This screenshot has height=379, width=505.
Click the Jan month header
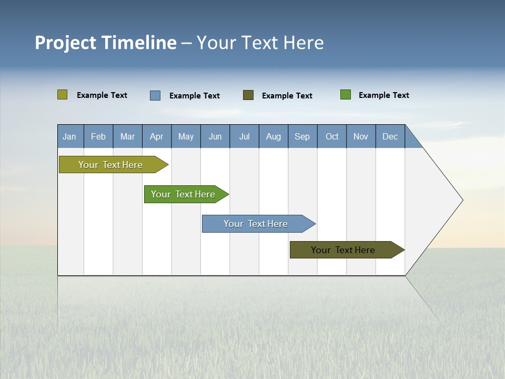coord(70,136)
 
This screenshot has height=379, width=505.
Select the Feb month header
coord(98,136)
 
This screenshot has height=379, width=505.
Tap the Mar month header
coord(127,136)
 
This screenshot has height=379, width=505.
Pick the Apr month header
coord(157,136)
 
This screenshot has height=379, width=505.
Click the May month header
coord(186,136)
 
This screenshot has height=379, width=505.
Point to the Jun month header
coord(215,136)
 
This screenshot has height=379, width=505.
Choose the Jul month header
coord(244,136)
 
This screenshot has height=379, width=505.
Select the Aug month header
coord(274,136)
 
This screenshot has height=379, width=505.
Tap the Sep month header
coord(302,136)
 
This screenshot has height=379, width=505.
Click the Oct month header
coord(332,136)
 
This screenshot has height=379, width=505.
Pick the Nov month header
coord(361,136)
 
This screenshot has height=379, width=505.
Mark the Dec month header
coord(390,136)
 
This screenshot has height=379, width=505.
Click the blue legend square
coord(155,95)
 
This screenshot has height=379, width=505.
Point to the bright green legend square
coord(346,95)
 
